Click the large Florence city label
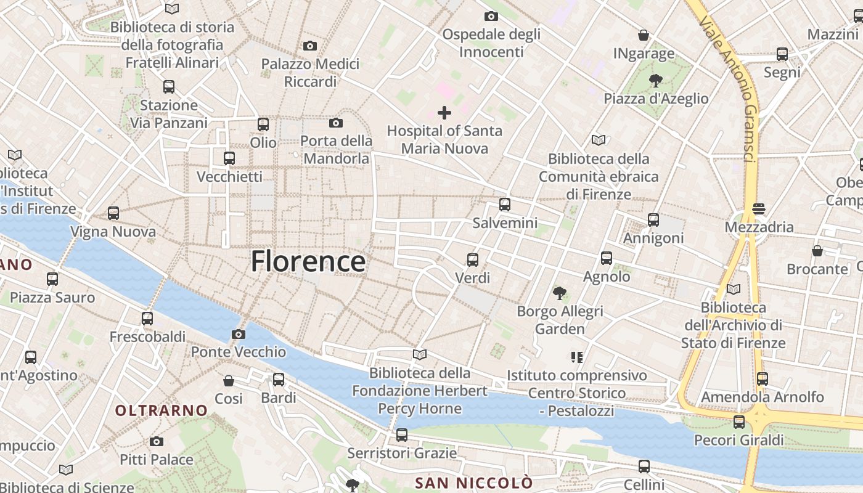(x=308, y=261)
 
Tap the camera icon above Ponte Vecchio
(x=239, y=334)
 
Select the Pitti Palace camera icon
(x=157, y=441)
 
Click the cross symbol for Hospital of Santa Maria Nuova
(x=444, y=113)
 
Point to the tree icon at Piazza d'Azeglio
(x=656, y=80)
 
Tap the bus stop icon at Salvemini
(x=505, y=205)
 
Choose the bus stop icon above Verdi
(x=473, y=259)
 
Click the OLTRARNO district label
(x=162, y=410)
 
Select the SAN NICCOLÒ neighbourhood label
(x=473, y=482)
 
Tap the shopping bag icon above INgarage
(x=644, y=35)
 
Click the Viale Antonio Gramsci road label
(x=727, y=89)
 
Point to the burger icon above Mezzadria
(x=758, y=209)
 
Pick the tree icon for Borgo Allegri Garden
(x=560, y=293)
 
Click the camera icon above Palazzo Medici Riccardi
(x=310, y=46)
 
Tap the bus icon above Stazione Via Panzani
(x=169, y=87)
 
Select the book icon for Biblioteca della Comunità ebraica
(x=599, y=140)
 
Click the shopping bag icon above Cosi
(x=229, y=380)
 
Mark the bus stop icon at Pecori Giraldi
(x=738, y=422)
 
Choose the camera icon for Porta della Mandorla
(x=336, y=123)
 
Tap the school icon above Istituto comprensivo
(x=577, y=357)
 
